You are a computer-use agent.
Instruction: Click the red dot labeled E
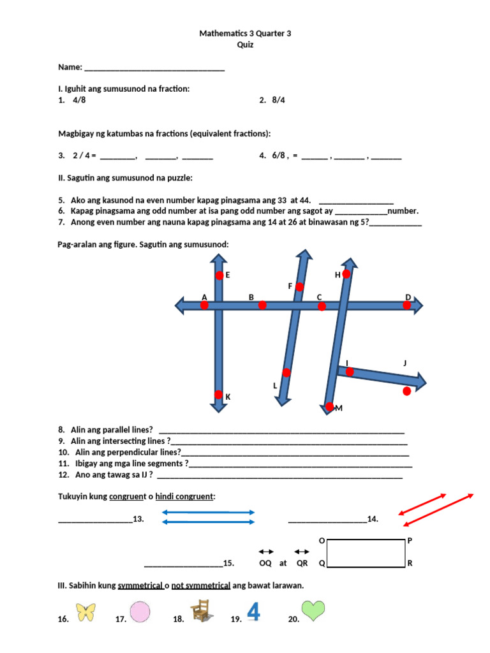click(x=219, y=275)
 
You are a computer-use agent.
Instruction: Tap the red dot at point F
click(x=299, y=287)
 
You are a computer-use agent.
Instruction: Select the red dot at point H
click(x=346, y=274)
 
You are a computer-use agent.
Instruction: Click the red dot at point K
click(x=218, y=394)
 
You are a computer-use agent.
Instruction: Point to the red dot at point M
click(x=329, y=407)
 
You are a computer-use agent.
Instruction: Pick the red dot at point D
click(x=407, y=305)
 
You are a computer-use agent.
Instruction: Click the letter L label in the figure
click(x=275, y=386)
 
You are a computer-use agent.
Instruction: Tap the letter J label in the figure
click(x=405, y=363)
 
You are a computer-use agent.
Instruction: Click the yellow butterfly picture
click(x=85, y=612)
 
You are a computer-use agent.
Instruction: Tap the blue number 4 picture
click(x=253, y=612)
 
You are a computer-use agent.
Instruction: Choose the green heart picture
click(x=313, y=611)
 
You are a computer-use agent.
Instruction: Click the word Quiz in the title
click(x=245, y=45)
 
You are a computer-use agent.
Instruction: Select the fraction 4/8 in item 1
click(x=79, y=100)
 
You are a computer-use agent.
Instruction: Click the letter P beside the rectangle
click(x=410, y=541)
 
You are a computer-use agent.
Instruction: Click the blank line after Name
click(x=154, y=68)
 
